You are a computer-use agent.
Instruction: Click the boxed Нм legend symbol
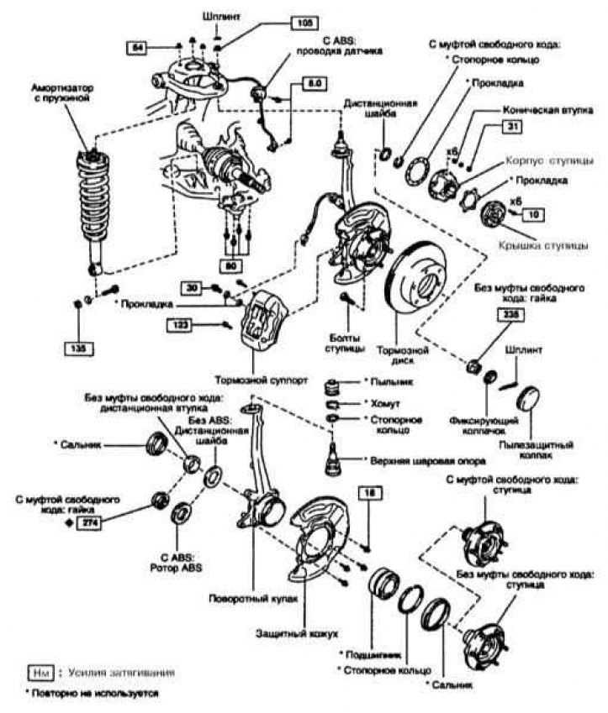[40, 673]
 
